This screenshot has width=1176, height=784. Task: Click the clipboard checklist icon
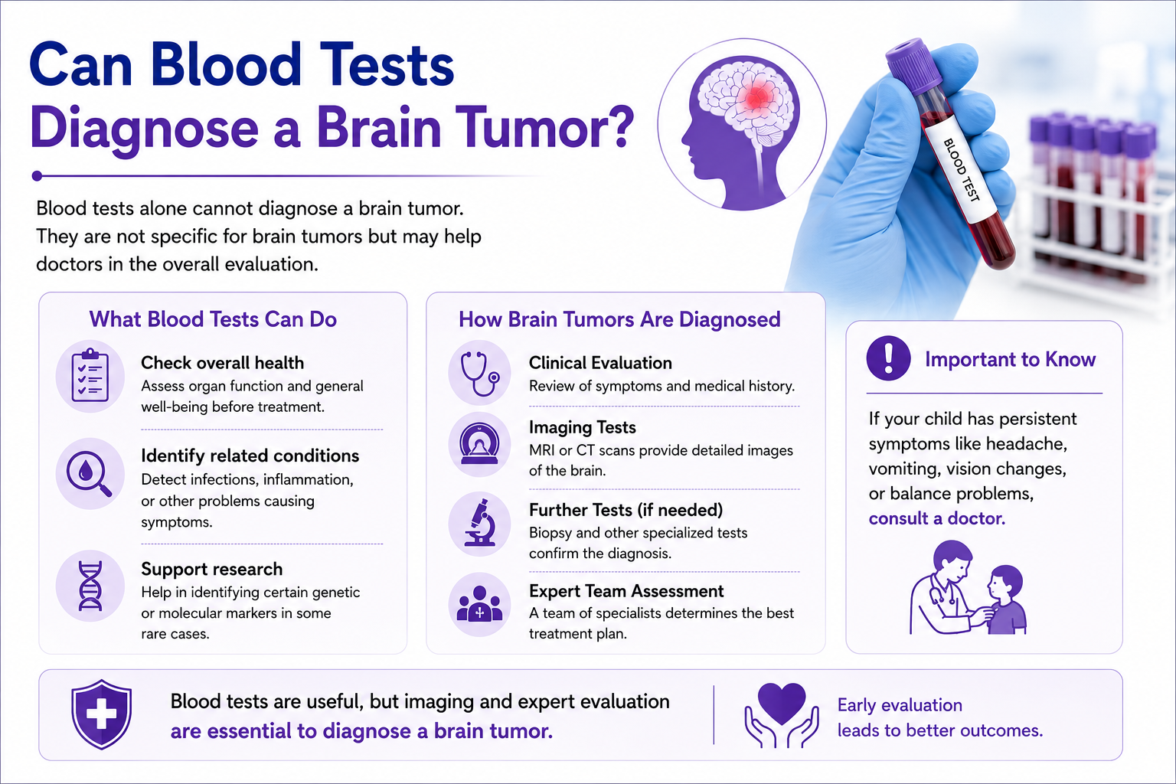[90, 376]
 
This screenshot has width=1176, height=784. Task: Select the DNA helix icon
[90, 586]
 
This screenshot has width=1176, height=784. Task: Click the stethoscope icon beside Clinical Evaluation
[479, 373]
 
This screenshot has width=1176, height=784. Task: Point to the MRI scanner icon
[479, 444]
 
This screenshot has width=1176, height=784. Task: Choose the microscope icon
[480, 524]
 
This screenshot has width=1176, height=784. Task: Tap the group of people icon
[479, 604]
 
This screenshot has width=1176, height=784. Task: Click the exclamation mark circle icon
[888, 358]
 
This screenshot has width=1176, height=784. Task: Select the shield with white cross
[101, 714]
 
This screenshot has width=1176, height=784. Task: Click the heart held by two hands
[781, 714]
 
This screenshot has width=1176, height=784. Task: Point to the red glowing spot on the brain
[755, 97]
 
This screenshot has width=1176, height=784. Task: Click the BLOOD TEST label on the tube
[961, 169]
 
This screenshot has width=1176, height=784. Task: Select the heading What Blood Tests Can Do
[213, 319]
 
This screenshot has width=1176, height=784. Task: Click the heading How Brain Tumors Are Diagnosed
[619, 319]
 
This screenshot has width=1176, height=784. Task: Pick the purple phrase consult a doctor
[936, 518]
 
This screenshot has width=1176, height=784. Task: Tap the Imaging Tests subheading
[582, 427]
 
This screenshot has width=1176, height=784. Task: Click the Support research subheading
[211, 569]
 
